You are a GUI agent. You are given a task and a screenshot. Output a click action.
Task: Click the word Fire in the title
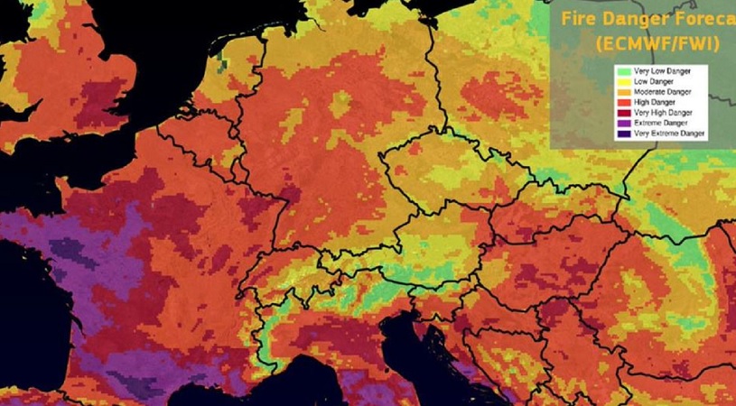(578, 18)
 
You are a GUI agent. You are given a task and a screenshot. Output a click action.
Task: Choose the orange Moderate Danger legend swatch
(622, 90)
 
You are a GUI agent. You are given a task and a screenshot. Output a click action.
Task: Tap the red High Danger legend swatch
(622, 101)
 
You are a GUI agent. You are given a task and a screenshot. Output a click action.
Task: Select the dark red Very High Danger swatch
(622, 112)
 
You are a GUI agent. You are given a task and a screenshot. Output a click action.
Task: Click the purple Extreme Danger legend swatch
(622, 123)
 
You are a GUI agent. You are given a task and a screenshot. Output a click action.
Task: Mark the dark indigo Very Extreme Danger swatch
(622, 134)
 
